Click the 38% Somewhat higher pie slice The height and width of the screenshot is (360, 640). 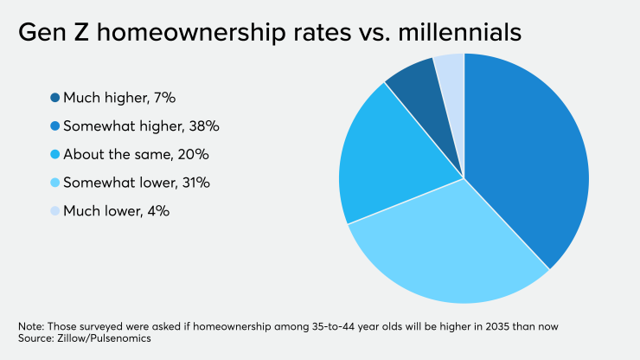coord(528,164)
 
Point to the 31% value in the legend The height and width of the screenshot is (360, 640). coord(195,183)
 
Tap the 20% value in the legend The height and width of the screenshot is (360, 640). coord(193,154)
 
